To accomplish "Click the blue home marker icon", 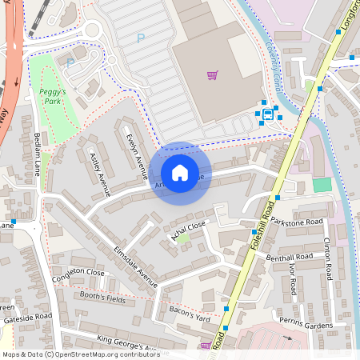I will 180,172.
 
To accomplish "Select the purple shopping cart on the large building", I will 213,75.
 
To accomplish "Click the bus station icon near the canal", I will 266,113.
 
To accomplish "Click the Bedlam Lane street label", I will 37,154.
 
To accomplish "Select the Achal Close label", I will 188,230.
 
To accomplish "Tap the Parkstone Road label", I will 296,221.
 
